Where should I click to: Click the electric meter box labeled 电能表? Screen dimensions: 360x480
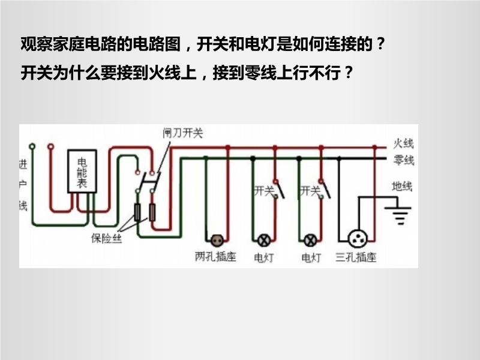click(x=83, y=172)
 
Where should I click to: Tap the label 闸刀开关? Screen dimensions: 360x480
click(x=183, y=133)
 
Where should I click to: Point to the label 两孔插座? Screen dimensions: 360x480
click(x=215, y=257)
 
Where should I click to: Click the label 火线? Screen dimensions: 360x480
click(x=403, y=144)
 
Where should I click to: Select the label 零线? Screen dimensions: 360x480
click(x=403, y=160)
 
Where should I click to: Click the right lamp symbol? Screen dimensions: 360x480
click(x=311, y=240)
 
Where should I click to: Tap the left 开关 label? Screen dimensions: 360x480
click(x=264, y=191)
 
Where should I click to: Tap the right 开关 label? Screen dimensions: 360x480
click(x=309, y=191)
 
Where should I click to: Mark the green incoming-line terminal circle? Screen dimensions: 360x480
click(x=33, y=146)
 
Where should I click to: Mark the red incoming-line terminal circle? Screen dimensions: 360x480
click(x=50, y=146)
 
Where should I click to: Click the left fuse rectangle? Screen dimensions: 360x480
click(x=137, y=211)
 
